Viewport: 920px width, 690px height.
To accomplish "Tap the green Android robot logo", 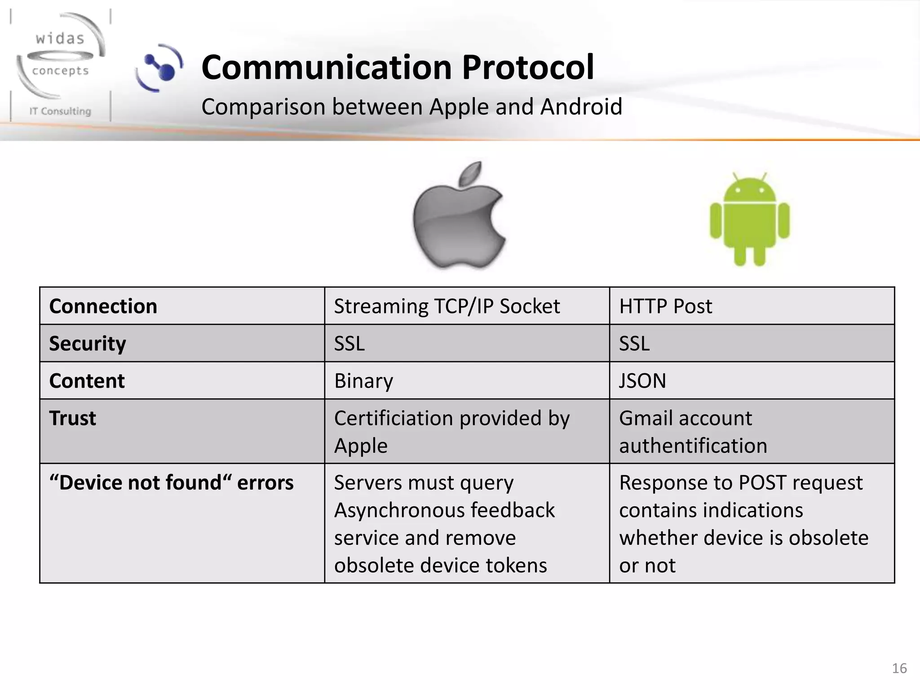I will [x=749, y=220].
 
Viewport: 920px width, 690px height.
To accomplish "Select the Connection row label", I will [x=103, y=306].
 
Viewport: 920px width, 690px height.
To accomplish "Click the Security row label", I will [x=88, y=344].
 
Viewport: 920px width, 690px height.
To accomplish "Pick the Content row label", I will [x=87, y=381].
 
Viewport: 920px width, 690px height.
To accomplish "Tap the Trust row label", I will [x=73, y=418].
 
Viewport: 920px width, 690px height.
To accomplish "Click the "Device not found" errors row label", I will [x=171, y=483].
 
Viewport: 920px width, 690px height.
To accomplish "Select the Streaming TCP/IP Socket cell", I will [x=447, y=306].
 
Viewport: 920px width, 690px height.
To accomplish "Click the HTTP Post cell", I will [x=665, y=306].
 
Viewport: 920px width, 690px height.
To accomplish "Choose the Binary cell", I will [x=363, y=381].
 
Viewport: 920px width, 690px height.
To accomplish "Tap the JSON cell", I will [x=642, y=381].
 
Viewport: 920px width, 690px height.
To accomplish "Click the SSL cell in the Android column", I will [x=634, y=344].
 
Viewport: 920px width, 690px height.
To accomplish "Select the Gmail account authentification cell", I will [x=693, y=432].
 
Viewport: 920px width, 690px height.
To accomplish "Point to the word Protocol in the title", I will [x=528, y=67].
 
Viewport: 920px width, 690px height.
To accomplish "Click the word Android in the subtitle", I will [x=581, y=107].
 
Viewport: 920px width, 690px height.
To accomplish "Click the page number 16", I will [x=899, y=668].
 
